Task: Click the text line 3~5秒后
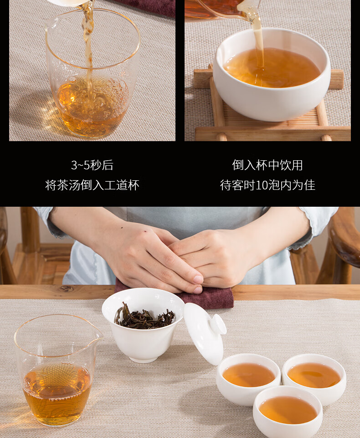tap(92, 165)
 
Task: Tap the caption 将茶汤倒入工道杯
tap(92, 185)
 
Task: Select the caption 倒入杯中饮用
tap(267, 165)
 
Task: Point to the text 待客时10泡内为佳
tap(267, 185)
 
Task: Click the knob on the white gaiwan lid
tap(218, 324)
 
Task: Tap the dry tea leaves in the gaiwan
tap(144, 318)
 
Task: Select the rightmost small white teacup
tap(314, 378)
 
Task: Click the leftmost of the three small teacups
tap(248, 378)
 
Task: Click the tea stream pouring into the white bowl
tap(258, 42)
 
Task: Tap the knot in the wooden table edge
tap(66, 289)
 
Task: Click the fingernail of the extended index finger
tap(198, 280)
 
